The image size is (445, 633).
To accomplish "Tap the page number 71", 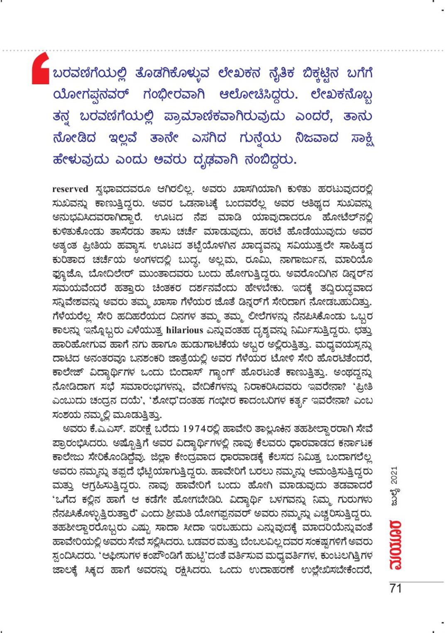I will tap(396, 588).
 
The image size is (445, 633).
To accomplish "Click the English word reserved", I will tap(70, 189).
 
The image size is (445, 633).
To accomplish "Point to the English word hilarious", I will tap(184, 330).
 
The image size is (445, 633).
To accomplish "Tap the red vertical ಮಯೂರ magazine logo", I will tap(395, 544).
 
